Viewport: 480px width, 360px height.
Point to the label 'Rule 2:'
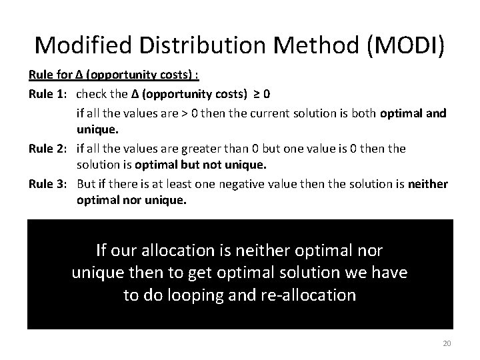[x=50, y=149]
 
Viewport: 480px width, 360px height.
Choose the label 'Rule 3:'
[x=50, y=184]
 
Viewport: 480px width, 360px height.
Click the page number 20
[x=447, y=343]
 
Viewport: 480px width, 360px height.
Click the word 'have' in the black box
[x=389, y=273]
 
